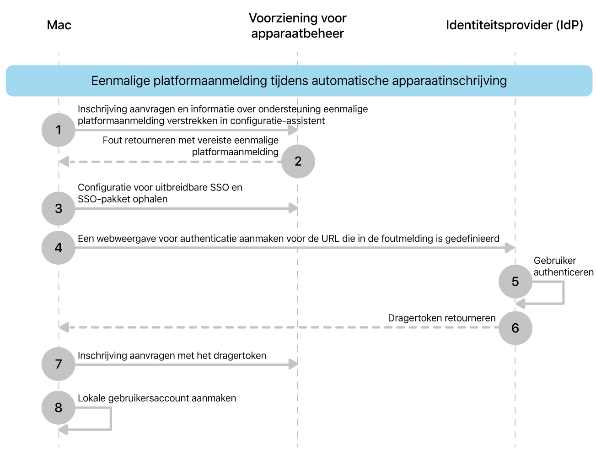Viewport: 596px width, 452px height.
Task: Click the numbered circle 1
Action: (59, 130)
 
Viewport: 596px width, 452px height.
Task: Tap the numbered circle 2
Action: (298, 161)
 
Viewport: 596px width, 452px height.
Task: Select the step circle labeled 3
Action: (59, 208)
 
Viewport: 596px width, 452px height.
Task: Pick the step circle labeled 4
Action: (59, 248)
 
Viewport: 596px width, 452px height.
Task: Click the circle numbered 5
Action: (515, 281)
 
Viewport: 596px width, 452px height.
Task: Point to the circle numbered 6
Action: (515, 328)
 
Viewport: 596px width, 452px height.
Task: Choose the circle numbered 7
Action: (59, 364)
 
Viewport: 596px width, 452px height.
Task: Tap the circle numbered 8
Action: (59, 407)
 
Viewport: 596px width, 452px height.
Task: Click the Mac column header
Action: (59, 25)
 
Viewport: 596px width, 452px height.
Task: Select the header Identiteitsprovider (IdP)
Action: (515, 25)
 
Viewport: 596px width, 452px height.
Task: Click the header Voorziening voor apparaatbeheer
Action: (298, 26)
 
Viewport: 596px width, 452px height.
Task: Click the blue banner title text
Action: (299, 81)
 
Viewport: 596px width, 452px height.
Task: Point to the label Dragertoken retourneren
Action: (442, 318)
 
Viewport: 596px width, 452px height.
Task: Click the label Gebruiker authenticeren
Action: (563, 267)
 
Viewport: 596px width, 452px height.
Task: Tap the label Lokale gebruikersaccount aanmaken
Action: (157, 398)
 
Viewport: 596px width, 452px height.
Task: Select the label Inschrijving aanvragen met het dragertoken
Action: (172, 356)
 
